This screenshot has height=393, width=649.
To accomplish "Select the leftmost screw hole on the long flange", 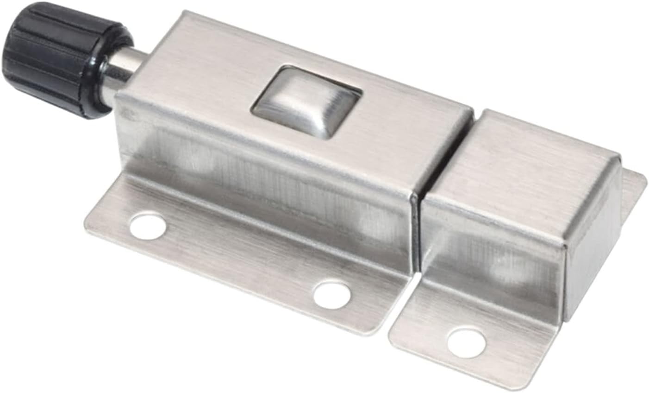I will (148, 226).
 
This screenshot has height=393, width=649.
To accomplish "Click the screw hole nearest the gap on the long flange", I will (331, 294).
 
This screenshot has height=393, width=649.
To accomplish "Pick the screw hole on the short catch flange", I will (466, 343).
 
